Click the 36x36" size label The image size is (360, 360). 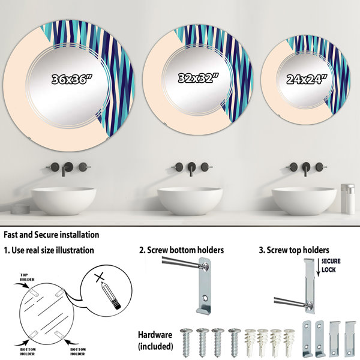(71, 79)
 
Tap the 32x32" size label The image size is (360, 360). (199, 78)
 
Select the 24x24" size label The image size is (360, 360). (307, 79)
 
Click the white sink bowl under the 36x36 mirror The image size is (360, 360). (64, 201)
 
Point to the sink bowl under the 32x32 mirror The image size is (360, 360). (190, 201)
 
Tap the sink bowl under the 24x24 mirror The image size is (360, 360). (304, 201)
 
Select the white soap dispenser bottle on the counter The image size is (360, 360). (347, 199)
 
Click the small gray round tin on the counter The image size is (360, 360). (20, 209)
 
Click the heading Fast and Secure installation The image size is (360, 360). (52, 235)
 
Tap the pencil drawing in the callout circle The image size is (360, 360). (111, 296)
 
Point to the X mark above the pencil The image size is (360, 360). (100, 277)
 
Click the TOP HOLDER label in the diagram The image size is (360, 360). (27, 277)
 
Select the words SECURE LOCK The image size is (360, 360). (331, 265)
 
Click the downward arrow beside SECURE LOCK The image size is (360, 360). (318, 267)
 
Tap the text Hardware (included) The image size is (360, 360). (155, 340)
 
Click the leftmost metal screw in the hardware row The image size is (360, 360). (186, 343)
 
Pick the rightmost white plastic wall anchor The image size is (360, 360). (289, 343)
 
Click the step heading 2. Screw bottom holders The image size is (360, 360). (181, 250)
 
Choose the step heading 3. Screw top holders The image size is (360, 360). (294, 250)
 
